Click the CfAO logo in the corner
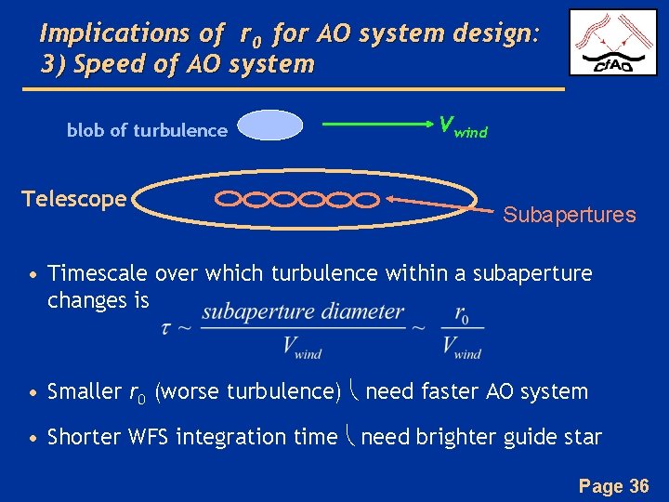click(x=613, y=43)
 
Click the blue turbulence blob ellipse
click(x=269, y=125)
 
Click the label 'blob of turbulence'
click(x=147, y=131)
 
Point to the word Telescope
click(x=73, y=199)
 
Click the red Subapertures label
click(x=569, y=216)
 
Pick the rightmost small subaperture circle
click(x=369, y=199)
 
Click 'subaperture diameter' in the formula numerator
click(x=302, y=312)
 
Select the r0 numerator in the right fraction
click(x=461, y=314)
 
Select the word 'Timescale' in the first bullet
click(x=98, y=273)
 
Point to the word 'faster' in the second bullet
click(x=453, y=391)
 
